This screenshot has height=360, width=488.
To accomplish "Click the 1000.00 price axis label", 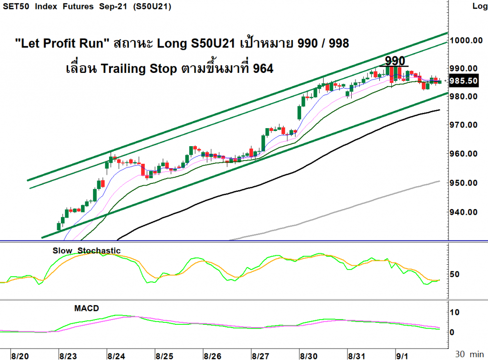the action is pyautogui.click(x=466, y=40).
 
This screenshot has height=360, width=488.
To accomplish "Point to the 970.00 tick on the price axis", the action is pyautogui.click(x=463, y=125).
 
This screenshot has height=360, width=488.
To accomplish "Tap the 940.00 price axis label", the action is pyautogui.click(x=463, y=212).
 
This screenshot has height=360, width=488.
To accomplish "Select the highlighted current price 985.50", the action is pyautogui.click(x=463, y=81).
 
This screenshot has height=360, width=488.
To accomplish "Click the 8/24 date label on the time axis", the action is pyautogui.click(x=116, y=356).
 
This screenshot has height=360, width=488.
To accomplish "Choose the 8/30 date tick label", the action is pyautogui.click(x=308, y=356).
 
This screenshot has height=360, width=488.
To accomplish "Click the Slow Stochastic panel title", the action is pyautogui.click(x=87, y=250).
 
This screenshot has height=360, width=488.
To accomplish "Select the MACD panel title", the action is pyautogui.click(x=87, y=309).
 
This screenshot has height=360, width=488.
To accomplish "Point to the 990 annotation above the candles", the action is pyautogui.click(x=395, y=60).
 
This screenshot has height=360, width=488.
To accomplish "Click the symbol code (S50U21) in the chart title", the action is pyautogui.click(x=152, y=7).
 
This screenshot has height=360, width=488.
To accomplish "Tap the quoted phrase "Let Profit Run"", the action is pyautogui.click(x=62, y=43).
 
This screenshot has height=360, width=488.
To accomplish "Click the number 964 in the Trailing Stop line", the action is pyautogui.click(x=263, y=69).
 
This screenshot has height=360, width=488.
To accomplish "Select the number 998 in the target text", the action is pyautogui.click(x=339, y=43).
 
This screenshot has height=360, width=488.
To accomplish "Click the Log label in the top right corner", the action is pyautogui.click(x=479, y=6).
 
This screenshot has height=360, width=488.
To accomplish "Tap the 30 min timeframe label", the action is pyautogui.click(x=469, y=354).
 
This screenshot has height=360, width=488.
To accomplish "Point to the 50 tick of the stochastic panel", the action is pyautogui.click(x=455, y=274).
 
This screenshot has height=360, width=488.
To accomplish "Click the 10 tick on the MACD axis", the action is pyautogui.click(x=455, y=312).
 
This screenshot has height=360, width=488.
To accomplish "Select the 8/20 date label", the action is pyautogui.click(x=20, y=356).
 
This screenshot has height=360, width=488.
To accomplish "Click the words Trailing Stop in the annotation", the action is pyautogui.click(x=139, y=69).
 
